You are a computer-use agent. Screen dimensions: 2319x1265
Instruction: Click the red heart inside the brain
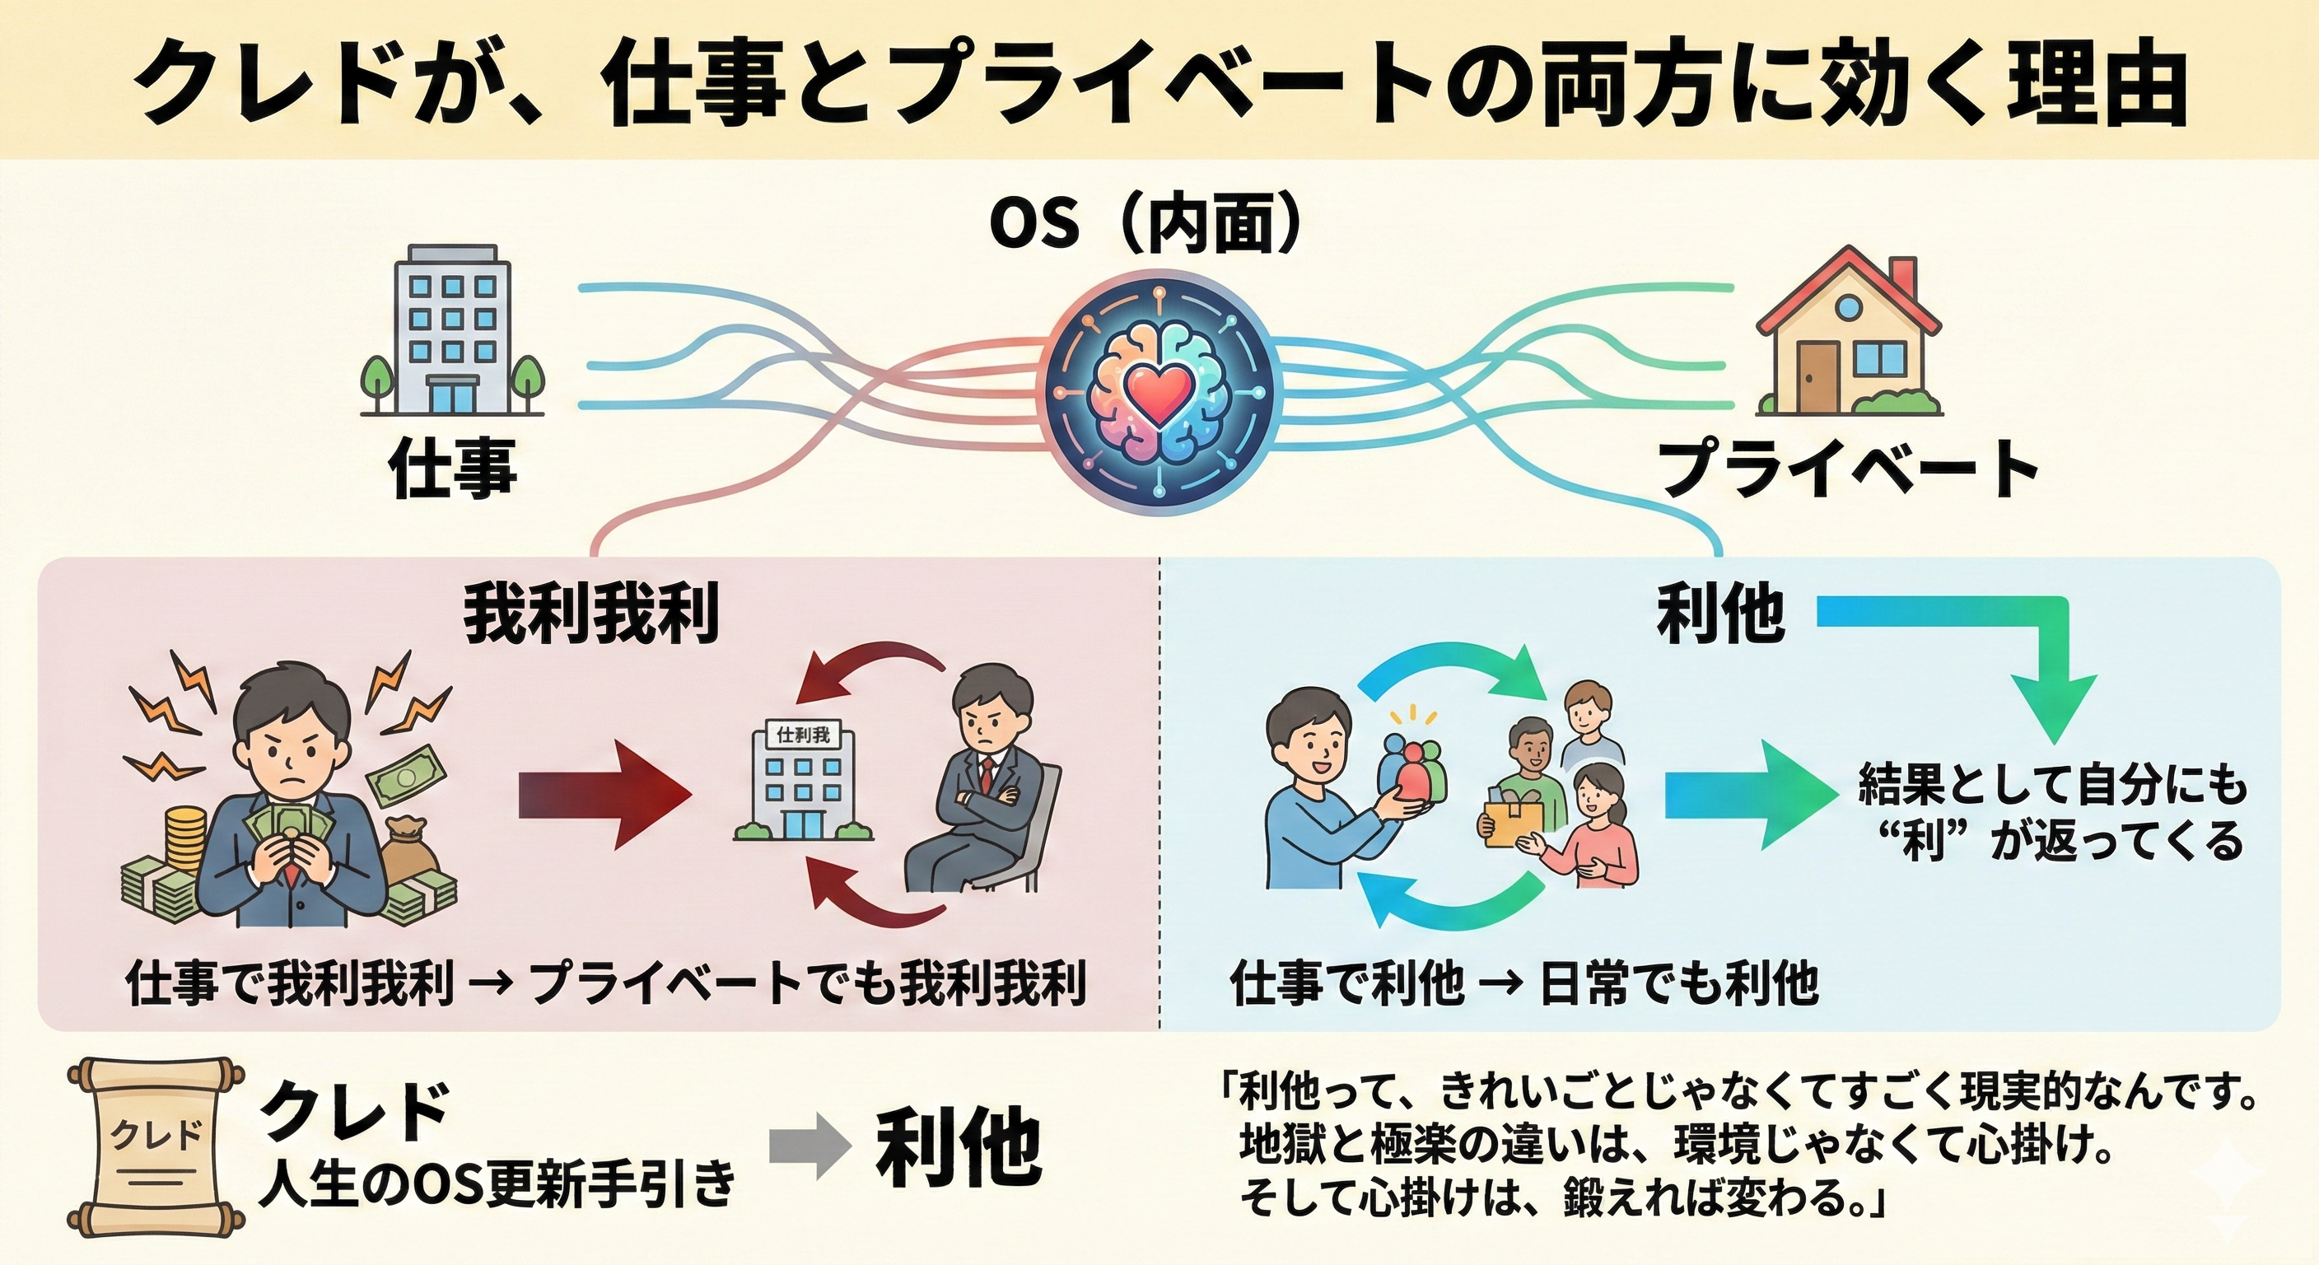click(1159, 394)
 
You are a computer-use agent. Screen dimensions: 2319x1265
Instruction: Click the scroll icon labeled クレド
click(156, 1146)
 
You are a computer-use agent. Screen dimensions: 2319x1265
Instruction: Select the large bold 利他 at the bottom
click(959, 1146)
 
